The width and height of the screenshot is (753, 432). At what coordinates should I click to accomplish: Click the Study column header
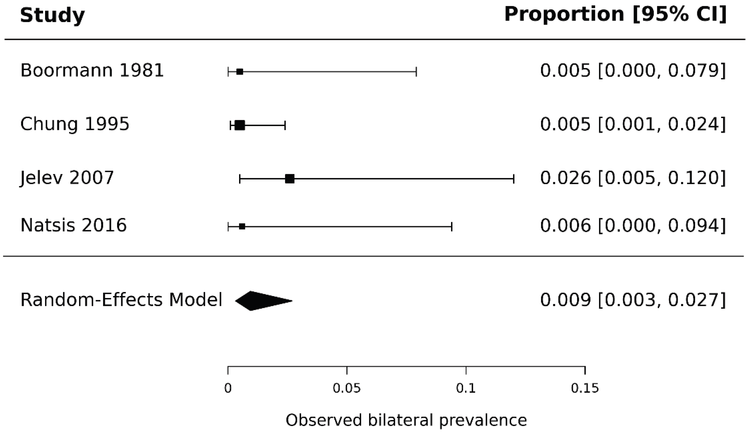(x=52, y=15)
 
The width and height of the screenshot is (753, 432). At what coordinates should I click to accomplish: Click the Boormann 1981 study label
(x=92, y=71)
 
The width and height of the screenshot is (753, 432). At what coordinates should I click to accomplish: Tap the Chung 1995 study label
(x=75, y=124)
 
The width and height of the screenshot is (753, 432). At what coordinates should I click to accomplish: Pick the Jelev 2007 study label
(x=67, y=178)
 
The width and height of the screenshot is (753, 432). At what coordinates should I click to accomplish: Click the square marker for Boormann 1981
(x=240, y=72)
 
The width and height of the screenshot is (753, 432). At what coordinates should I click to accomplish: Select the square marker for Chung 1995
(x=240, y=125)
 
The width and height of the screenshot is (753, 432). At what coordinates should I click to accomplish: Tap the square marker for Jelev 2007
(x=290, y=179)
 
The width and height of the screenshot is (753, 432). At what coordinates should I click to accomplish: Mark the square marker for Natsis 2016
(x=242, y=227)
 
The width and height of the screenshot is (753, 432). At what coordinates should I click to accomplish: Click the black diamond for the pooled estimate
(x=263, y=301)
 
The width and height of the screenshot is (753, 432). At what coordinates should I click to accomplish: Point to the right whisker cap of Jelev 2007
(x=514, y=179)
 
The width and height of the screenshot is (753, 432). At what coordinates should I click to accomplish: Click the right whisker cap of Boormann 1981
(x=416, y=72)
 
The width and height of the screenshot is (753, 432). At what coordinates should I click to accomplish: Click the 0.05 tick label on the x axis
(x=347, y=388)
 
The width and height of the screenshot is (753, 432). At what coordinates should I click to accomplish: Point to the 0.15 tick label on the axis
(x=585, y=388)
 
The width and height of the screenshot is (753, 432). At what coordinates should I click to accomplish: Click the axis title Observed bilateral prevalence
(x=406, y=420)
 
